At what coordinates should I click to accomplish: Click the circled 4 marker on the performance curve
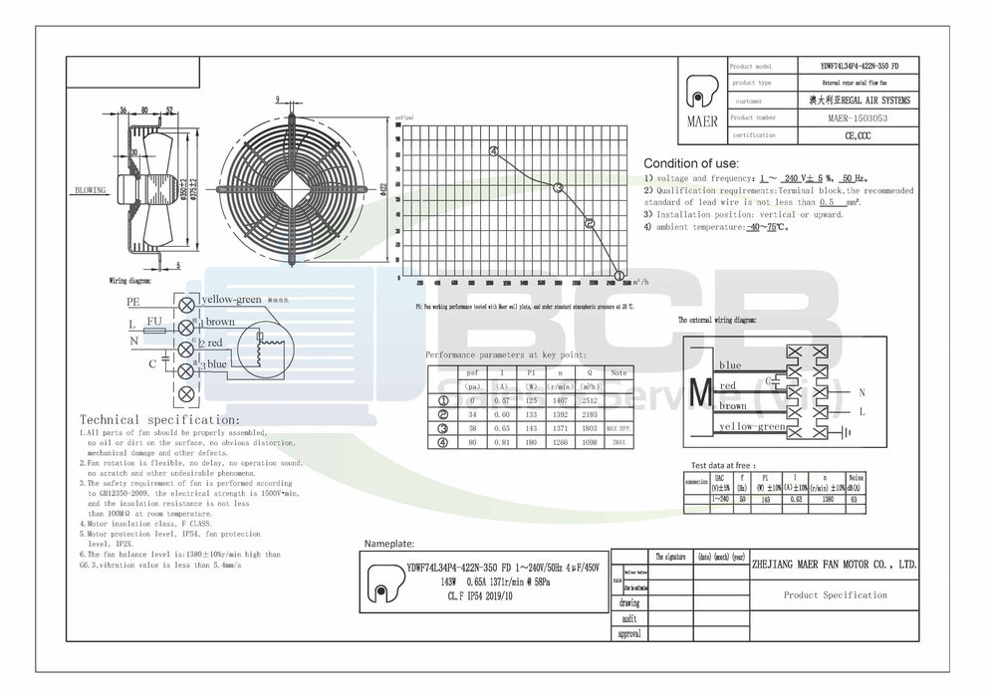(494, 151)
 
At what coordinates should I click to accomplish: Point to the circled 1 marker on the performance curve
(618, 276)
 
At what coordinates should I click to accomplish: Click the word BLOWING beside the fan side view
(91, 188)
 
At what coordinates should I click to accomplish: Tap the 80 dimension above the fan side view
(144, 110)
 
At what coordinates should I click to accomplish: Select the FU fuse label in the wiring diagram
(154, 322)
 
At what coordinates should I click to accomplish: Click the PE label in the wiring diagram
(132, 300)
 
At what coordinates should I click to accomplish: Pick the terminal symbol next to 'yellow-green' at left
(186, 301)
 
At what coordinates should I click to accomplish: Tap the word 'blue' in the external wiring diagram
(730, 365)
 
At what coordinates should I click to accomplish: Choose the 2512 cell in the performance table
(589, 402)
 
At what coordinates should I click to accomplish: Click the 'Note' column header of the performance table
(619, 372)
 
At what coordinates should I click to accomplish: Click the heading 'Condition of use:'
(690, 162)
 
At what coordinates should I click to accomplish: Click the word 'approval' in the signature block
(629, 633)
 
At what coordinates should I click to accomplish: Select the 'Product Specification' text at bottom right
(836, 595)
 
